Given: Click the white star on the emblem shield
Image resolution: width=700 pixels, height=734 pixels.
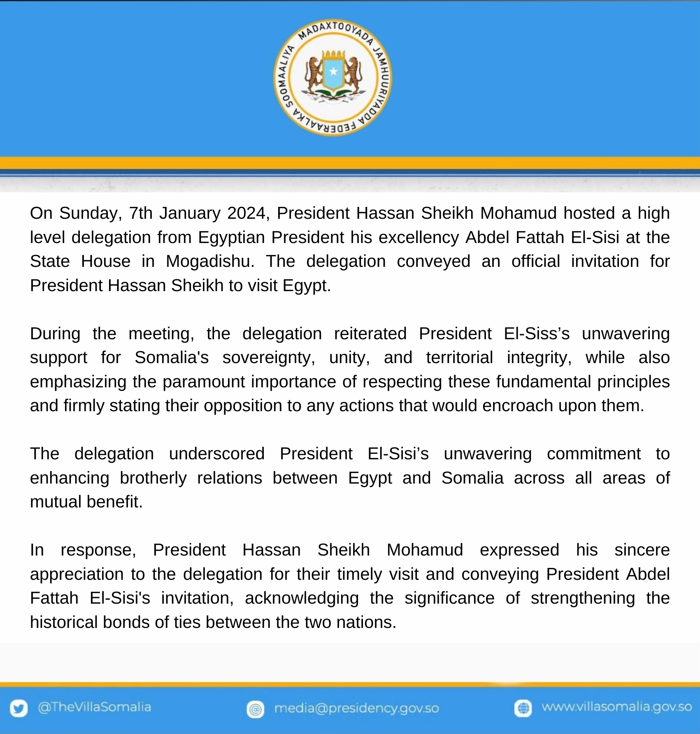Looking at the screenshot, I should point(333,72).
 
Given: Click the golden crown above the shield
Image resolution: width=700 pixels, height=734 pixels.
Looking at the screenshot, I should point(333,54).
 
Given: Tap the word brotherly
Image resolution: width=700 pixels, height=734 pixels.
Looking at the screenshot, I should point(153,478).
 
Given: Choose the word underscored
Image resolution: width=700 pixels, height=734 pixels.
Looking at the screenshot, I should point(217,454).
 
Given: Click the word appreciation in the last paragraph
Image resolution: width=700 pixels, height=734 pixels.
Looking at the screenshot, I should point(77,574).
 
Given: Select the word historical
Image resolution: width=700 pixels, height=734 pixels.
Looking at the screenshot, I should point(64,622).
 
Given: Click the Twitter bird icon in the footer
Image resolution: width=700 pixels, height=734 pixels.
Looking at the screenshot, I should point(19,708).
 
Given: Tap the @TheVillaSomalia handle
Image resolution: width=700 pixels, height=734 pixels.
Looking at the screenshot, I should point(94,707).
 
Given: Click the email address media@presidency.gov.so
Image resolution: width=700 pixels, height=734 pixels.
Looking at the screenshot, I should point(356,708).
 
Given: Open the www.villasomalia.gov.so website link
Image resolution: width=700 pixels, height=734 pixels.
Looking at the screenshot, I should point(616,707).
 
